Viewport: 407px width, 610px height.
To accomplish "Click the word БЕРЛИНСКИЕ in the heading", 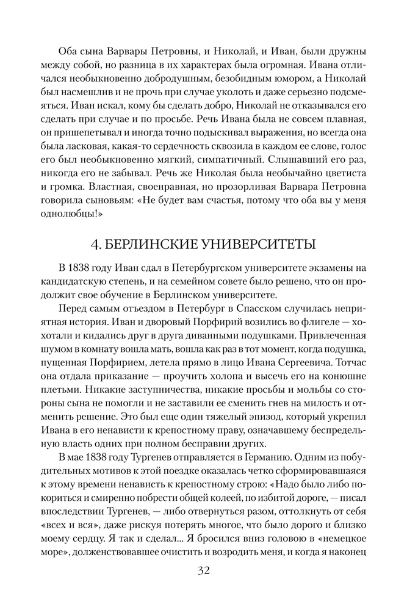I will tap(156, 245).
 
